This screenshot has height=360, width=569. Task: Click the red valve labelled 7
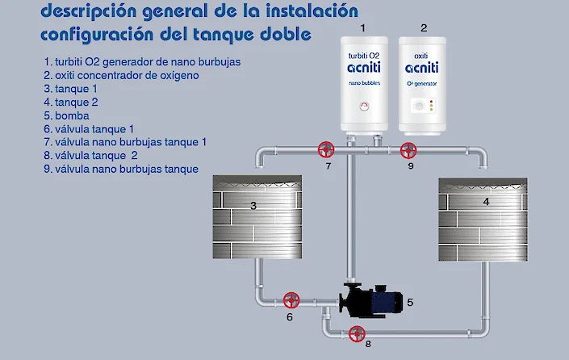[326, 149]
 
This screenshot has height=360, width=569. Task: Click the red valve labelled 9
[408, 149]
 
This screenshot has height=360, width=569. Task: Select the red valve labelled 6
[291, 300]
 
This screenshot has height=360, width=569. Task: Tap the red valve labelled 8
[356, 332]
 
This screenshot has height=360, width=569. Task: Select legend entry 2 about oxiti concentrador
[121, 75]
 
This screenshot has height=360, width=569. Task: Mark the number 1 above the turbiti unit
[362, 27]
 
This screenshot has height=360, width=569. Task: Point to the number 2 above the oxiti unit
[424, 27]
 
